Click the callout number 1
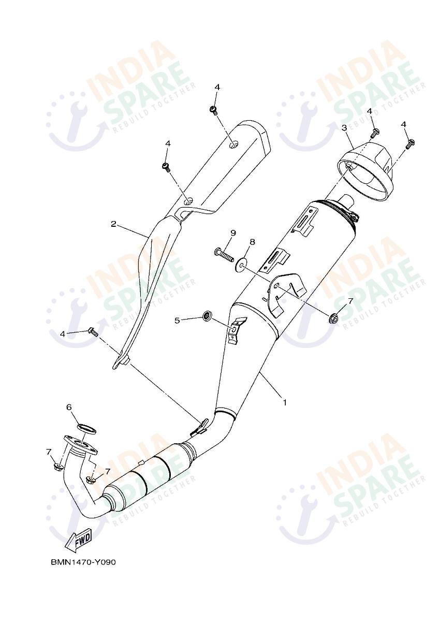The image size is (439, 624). pos(284,401)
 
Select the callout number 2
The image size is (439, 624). pos(113,224)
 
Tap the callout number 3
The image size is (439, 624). pos(343,127)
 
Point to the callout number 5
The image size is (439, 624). pos(177,321)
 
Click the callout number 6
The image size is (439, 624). pos(69,407)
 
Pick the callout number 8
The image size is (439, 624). pos(253,242)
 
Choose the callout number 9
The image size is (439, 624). pos(233,233)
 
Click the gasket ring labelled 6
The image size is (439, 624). pos(87,428)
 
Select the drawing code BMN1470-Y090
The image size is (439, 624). pos(83,562)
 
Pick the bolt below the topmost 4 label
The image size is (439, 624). pos(213,110)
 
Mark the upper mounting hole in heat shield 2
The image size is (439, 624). pos(235,145)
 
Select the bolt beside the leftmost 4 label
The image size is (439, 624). pos(94,332)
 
